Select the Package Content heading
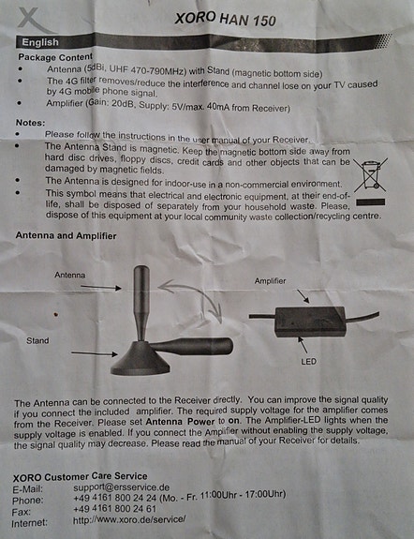tap(59, 58)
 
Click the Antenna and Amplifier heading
tap(67, 236)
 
